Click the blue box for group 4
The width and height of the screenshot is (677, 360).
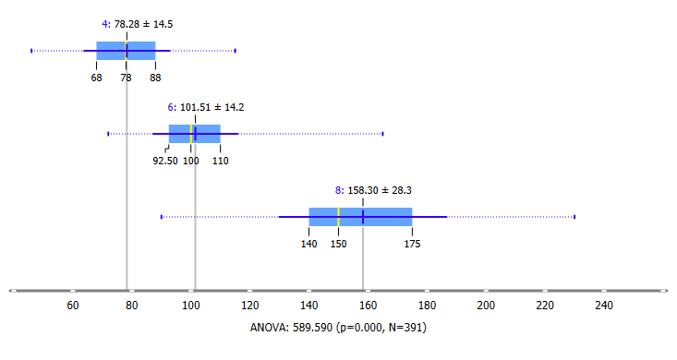[x=111, y=51]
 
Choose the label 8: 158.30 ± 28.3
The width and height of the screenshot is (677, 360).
[x=373, y=189]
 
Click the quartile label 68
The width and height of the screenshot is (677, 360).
[x=97, y=78]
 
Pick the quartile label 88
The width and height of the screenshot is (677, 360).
[x=155, y=78]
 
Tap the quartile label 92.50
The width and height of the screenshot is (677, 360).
[x=164, y=161]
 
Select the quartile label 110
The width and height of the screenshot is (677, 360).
[x=221, y=161]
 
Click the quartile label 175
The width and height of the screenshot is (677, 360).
[x=412, y=244]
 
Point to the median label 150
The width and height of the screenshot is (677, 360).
[x=339, y=244]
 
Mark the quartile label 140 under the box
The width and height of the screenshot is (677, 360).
[x=309, y=244]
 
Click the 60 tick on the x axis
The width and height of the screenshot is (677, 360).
[x=73, y=305]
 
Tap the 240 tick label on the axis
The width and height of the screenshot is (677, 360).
[x=604, y=305]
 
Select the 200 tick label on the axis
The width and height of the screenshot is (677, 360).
[x=486, y=305]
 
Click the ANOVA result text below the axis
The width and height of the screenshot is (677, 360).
[x=338, y=327]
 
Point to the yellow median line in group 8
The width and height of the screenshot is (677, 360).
[x=339, y=217]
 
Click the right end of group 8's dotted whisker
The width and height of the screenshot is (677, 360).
[x=574, y=217]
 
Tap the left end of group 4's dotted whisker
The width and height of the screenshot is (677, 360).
[x=31, y=51]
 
